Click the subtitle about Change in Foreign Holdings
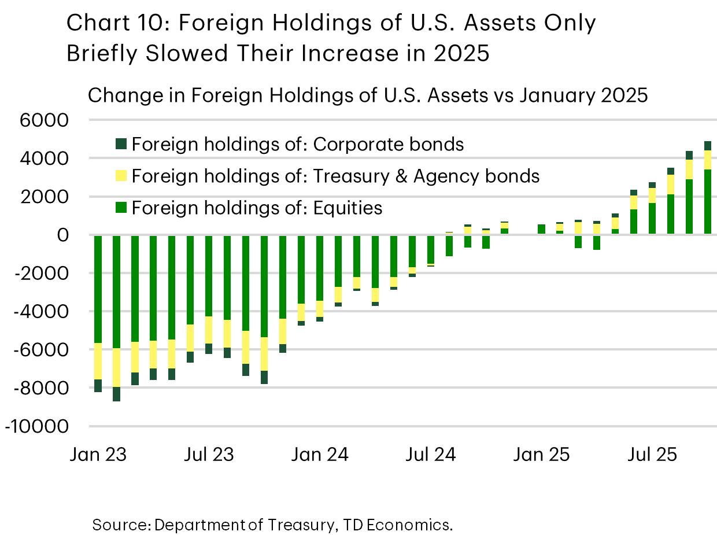pos(367,95)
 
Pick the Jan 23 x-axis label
pos(99,455)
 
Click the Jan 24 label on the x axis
pos(320,455)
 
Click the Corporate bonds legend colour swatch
pos(121,144)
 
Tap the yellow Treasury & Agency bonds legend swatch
pos(121,176)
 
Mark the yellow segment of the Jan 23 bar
pos(98,361)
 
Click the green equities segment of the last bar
pos(707,202)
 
